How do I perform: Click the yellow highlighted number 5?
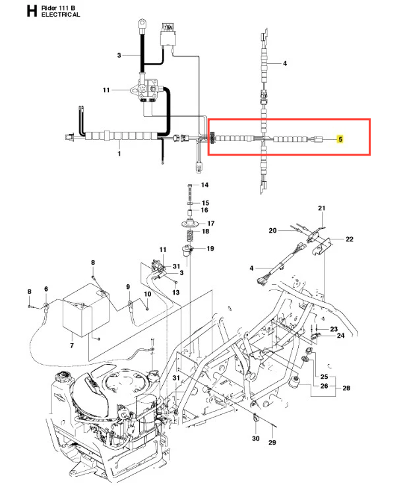tap(340, 138)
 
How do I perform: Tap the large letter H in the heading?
tap(32, 11)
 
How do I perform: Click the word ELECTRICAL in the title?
tap(61, 15)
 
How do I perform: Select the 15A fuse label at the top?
tap(168, 28)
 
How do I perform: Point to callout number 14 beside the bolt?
tap(204, 185)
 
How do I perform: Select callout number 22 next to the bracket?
tap(350, 239)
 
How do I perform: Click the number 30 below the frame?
tap(256, 438)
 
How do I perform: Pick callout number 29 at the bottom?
tap(272, 442)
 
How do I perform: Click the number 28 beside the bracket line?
tap(346, 388)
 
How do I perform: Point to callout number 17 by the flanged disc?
tap(211, 224)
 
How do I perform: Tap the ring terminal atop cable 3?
tap(142, 23)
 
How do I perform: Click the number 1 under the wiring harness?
tap(119, 154)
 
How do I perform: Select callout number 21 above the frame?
tap(321, 208)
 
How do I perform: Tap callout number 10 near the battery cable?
tap(148, 294)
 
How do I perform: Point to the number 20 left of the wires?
tap(272, 231)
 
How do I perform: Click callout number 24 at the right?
tap(341, 336)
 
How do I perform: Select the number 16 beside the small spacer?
tap(204, 210)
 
